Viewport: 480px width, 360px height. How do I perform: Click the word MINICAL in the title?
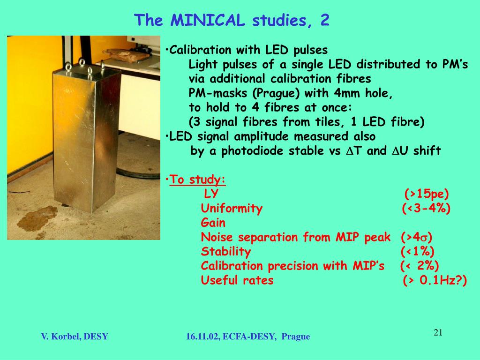(x=208, y=20)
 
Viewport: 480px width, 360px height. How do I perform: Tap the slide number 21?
(x=438, y=332)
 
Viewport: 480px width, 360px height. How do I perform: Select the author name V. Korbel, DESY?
(x=75, y=337)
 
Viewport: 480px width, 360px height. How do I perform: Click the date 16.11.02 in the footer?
(x=202, y=337)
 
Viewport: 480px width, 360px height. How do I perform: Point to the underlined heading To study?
(x=197, y=180)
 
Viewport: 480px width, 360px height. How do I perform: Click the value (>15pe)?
(x=427, y=194)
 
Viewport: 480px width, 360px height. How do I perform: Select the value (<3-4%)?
(x=426, y=208)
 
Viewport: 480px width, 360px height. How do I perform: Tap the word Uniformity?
(x=232, y=209)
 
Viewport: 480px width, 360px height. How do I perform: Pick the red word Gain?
(x=213, y=223)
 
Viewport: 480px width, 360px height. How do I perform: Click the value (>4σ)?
(x=416, y=237)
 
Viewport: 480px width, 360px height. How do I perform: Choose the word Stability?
(x=226, y=252)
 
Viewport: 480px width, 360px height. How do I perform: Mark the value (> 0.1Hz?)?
(x=435, y=280)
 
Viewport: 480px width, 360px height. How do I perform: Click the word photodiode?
(x=253, y=151)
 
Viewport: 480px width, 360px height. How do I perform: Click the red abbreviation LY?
(x=211, y=194)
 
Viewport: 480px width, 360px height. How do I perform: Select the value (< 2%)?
(x=420, y=266)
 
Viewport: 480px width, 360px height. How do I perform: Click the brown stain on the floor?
(x=37, y=218)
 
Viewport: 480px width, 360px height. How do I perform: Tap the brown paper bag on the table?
(x=126, y=55)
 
